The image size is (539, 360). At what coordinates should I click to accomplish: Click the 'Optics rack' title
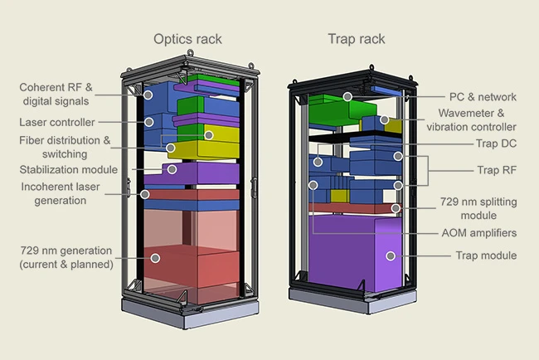pyautogui.click(x=188, y=38)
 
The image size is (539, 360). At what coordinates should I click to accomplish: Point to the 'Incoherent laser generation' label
pyautogui.click(x=57, y=192)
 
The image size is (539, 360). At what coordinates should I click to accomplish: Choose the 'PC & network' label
pyautogui.click(x=486, y=97)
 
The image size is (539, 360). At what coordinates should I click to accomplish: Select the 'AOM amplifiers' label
pyautogui.click(x=478, y=233)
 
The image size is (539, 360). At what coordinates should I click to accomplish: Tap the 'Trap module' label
pyautogui.click(x=486, y=255)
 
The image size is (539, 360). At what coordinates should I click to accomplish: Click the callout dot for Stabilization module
pyautogui.click(x=172, y=168)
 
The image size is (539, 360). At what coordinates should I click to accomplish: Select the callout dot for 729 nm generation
pyautogui.click(x=154, y=257)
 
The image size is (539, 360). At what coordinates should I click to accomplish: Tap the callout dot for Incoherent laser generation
pyautogui.click(x=145, y=195)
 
